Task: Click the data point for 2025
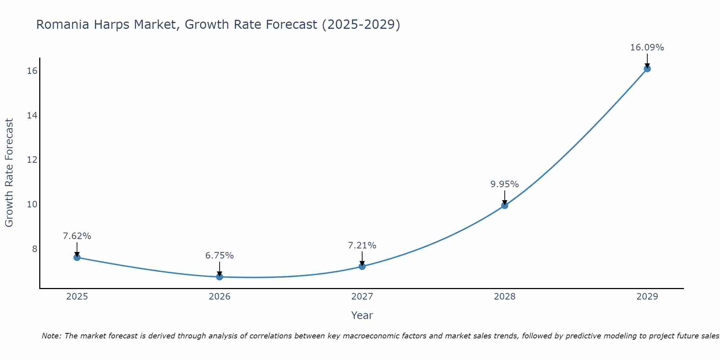coord(77,257)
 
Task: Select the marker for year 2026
coord(220,277)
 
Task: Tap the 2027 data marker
coord(362,266)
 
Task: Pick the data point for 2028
coord(505,206)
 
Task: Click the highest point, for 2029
coord(647,69)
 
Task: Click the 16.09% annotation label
coord(647,48)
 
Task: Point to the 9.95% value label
coord(504,184)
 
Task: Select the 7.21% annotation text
coord(362,246)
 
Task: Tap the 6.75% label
coord(219,256)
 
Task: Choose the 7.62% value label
coord(77,236)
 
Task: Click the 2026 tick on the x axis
coord(220,297)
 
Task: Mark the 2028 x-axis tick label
coord(505,297)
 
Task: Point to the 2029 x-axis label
coord(647,297)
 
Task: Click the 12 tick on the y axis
coord(32,160)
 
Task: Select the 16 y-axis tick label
coord(32,71)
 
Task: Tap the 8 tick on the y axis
coord(35,249)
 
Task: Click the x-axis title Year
coord(362,315)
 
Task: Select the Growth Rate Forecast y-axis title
coord(9,173)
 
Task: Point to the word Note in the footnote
coord(51,336)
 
